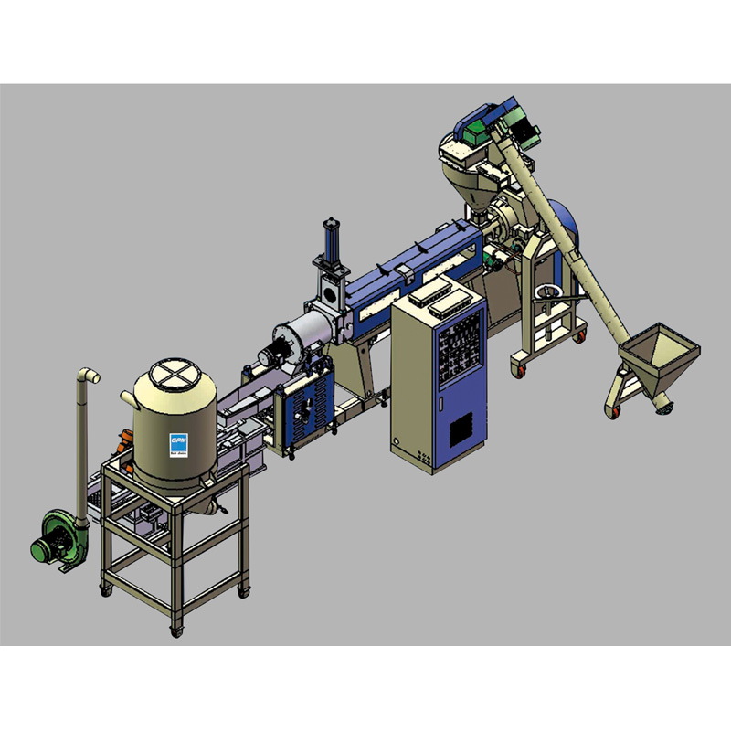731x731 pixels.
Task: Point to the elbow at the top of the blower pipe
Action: (89, 376)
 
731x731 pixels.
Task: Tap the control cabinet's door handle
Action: (441, 403)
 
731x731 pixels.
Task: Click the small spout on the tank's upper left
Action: (127, 396)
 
